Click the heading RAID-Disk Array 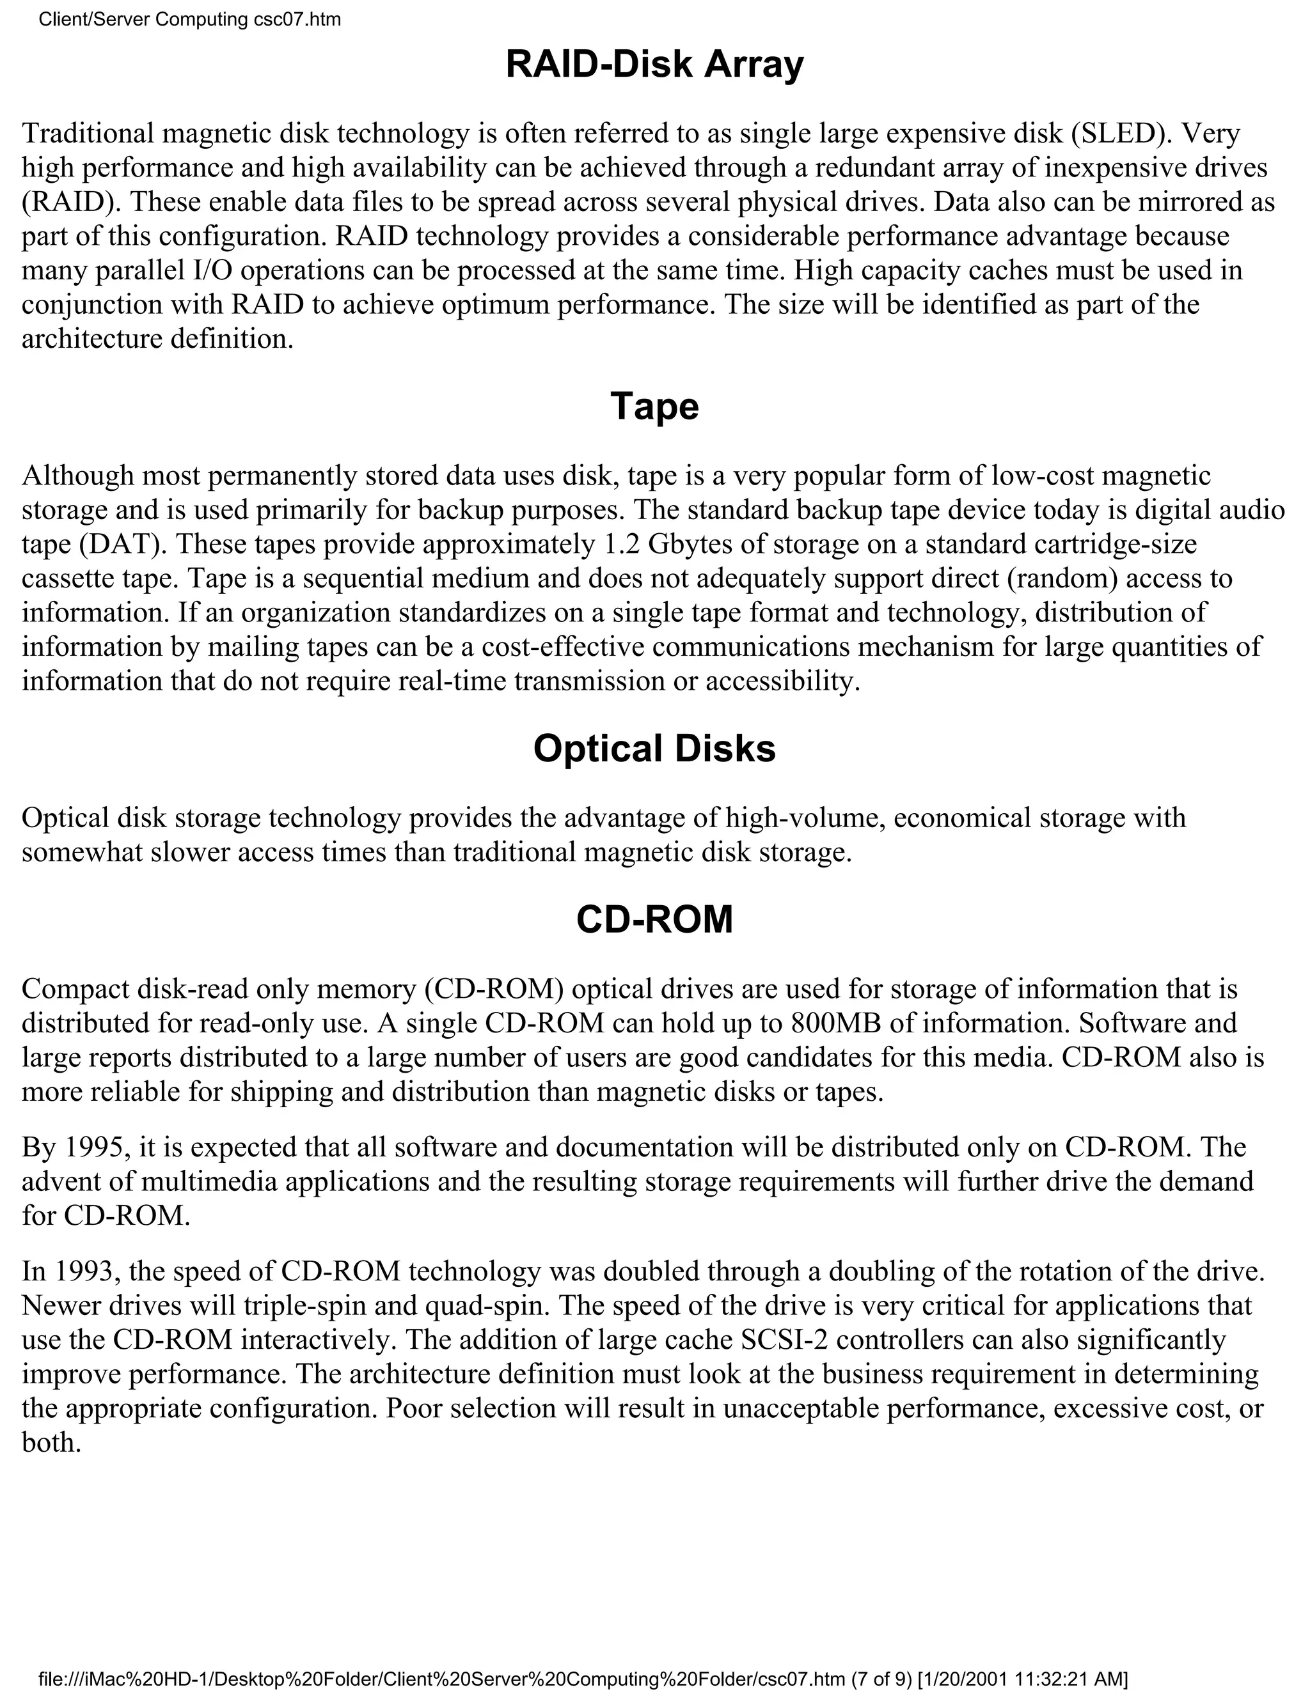654,65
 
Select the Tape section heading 654,407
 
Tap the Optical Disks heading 654,749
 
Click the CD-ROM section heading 654,920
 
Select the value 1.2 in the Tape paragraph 622,544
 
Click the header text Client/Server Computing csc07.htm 189,19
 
